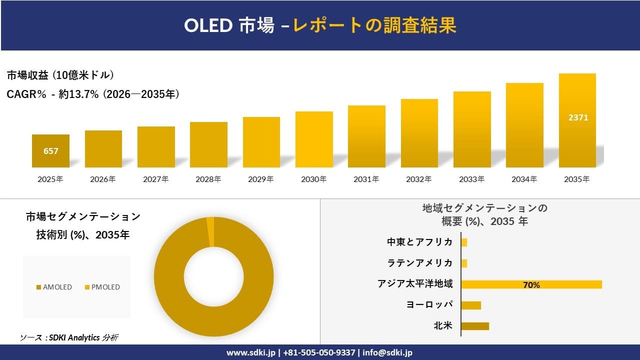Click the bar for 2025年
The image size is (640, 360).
click(50, 151)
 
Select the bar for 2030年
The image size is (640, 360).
click(314, 139)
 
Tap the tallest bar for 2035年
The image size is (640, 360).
click(577, 120)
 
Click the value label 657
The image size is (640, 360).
click(50, 151)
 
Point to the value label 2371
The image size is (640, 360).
click(578, 118)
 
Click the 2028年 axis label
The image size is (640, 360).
click(208, 179)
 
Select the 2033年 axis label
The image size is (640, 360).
click(472, 179)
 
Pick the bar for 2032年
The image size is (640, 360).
click(419, 133)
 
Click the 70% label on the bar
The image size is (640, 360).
click(531, 285)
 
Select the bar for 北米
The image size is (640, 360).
click(474, 326)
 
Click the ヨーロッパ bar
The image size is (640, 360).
click(470, 305)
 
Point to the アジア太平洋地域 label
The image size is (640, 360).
click(415, 284)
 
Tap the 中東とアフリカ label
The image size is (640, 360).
click(419, 242)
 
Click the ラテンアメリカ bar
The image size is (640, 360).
click(464, 263)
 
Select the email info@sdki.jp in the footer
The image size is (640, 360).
click(387, 352)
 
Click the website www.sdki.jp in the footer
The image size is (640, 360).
click(250, 352)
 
